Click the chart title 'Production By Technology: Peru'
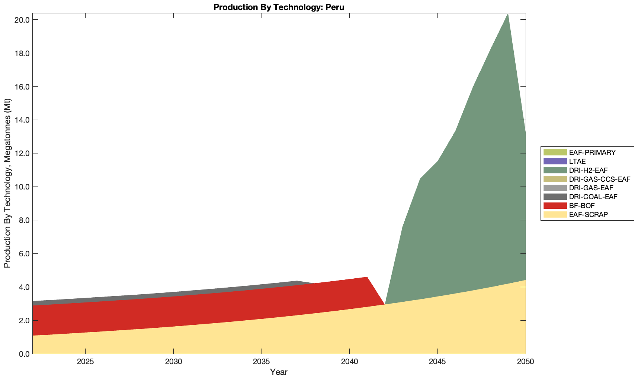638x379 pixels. click(x=279, y=7)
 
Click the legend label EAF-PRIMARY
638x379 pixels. click(x=592, y=153)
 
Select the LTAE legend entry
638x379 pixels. click(x=577, y=162)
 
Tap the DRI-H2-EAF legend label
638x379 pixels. click(x=588, y=171)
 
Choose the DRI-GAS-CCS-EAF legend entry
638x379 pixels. click(x=600, y=179)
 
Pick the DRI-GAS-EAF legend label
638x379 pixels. click(x=591, y=188)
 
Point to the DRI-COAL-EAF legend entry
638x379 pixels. click(x=593, y=197)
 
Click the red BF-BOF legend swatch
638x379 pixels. click(x=555, y=206)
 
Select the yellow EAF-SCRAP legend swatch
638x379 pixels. click(x=555, y=215)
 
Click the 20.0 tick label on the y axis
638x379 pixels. click(x=22, y=20)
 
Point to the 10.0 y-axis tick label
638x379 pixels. click(x=22, y=187)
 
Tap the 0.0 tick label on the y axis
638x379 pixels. click(x=23, y=354)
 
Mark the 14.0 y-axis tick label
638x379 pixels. click(x=22, y=120)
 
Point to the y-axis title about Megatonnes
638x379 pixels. click(x=7, y=183)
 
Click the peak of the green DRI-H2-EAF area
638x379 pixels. click(x=508, y=14)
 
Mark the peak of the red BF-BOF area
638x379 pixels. click(x=367, y=278)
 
